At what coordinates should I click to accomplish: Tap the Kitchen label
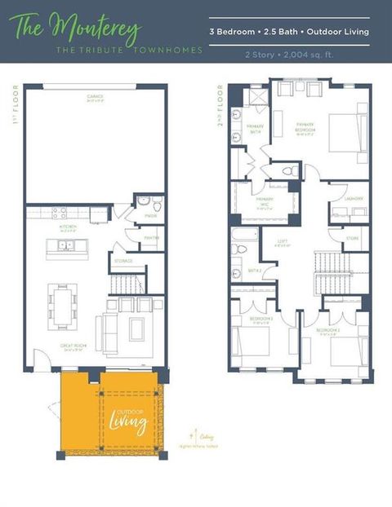69,227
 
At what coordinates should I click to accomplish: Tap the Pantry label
152,238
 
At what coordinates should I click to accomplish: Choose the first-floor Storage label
123,261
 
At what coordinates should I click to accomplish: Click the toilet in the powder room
144,201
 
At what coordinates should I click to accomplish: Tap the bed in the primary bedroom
348,132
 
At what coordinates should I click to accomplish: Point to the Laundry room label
354,198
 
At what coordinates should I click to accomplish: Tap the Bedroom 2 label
329,332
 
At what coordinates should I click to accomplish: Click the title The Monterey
77,27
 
